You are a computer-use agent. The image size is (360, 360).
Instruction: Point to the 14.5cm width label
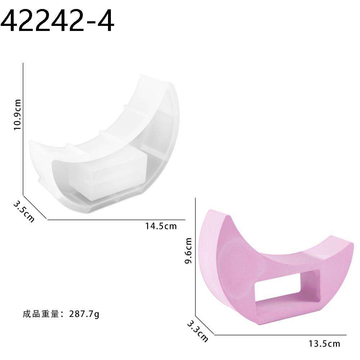click(x=161, y=226)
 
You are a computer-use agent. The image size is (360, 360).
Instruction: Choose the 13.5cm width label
click(x=324, y=344)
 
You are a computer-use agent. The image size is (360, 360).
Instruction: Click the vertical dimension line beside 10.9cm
click(x=23, y=130)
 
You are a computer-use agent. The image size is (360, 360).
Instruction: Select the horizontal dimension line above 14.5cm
click(x=115, y=219)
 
